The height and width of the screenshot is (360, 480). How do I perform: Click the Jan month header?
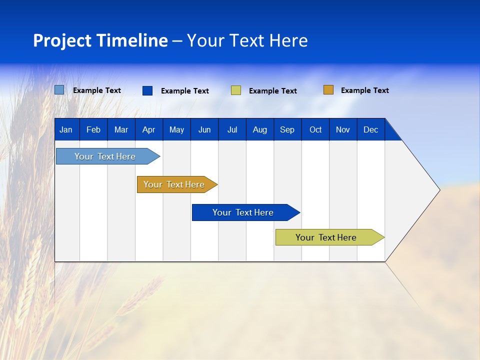(x=66, y=129)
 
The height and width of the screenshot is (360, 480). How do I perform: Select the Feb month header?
(x=93, y=129)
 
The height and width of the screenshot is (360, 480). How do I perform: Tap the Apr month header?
(x=148, y=129)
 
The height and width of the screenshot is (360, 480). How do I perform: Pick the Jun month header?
(x=204, y=129)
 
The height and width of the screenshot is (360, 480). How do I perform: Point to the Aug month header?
(x=260, y=129)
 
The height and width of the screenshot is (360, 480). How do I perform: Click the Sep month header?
(x=287, y=129)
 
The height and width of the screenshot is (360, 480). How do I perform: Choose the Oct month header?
(x=315, y=129)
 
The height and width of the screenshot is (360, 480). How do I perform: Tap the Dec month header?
(x=371, y=129)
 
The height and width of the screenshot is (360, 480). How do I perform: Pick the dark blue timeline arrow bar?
(x=243, y=212)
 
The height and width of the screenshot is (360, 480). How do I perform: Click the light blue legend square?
(x=59, y=90)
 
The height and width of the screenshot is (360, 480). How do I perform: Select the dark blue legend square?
(x=147, y=90)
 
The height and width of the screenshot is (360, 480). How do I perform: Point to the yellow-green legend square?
(x=236, y=90)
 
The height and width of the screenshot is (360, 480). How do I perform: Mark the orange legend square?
(x=328, y=90)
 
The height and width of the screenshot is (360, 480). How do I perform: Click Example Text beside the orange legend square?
(x=365, y=90)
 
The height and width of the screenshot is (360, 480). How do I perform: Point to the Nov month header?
(x=343, y=129)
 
